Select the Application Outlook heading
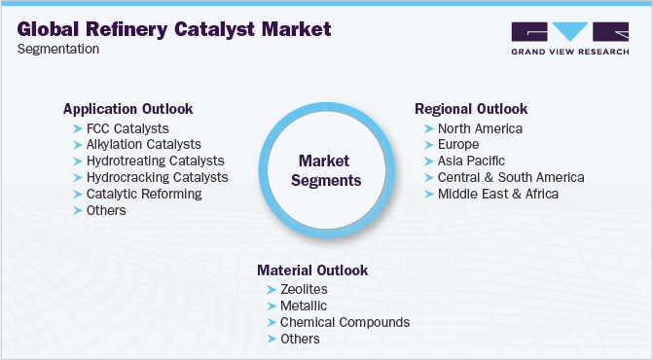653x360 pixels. click(x=127, y=108)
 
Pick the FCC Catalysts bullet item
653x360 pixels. click(x=127, y=128)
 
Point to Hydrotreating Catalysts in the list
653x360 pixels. click(x=155, y=161)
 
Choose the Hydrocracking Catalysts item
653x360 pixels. click(x=157, y=177)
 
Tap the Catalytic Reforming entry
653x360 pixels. click(x=144, y=194)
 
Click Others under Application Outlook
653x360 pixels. click(x=106, y=210)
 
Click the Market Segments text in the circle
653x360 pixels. click(x=329, y=169)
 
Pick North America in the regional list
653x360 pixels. click(x=480, y=128)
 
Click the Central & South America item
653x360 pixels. click(x=510, y=177)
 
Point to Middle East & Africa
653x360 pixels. click(x=498, y=194)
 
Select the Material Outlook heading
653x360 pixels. click(x=312, y=270)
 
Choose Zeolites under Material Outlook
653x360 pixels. click(x=304, y=290)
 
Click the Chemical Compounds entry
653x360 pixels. click(x=345, y=322)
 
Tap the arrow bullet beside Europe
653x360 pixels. click(x=429, y=145)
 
